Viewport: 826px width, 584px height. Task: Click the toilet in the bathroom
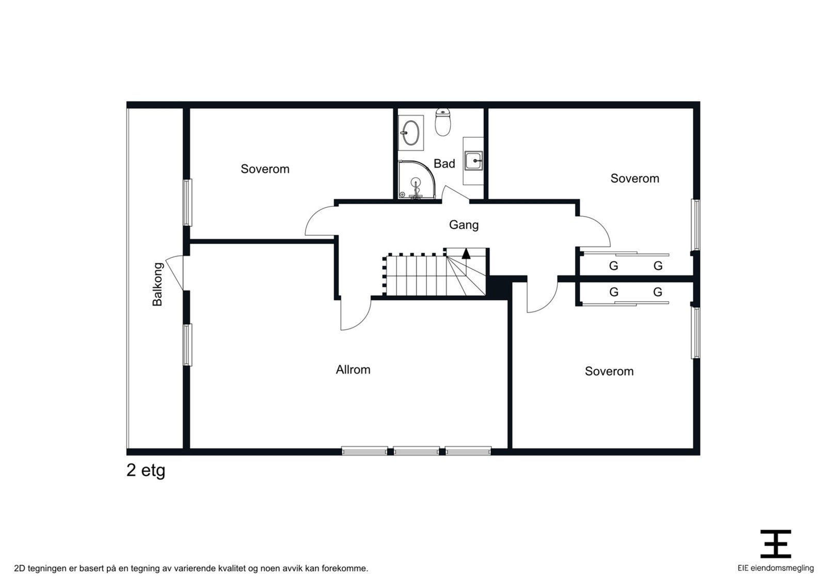pos(442,122)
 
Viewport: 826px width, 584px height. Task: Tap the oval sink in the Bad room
pos(410,133)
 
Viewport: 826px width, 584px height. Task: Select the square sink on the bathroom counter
pos(473,161)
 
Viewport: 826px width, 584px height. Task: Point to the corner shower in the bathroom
pos(417,180)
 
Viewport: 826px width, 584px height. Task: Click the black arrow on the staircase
pos(466,253)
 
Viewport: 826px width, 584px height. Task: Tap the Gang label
pos(464,225)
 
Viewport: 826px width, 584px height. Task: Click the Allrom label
pos(353,369)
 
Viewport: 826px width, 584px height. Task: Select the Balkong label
pos(157,284)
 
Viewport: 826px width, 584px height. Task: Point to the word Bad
pos(444,164)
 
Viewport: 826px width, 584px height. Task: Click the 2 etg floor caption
pos(146,471)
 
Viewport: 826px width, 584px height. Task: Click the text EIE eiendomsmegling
pos(775,569)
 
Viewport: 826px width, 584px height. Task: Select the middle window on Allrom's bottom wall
pos(416,450)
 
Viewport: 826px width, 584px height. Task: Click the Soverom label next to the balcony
pos(265,169)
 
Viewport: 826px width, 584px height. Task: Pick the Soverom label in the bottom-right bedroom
pos(609,371)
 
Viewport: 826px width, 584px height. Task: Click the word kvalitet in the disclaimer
pos(231,569)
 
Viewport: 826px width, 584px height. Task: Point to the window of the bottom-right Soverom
pos(695,333)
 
